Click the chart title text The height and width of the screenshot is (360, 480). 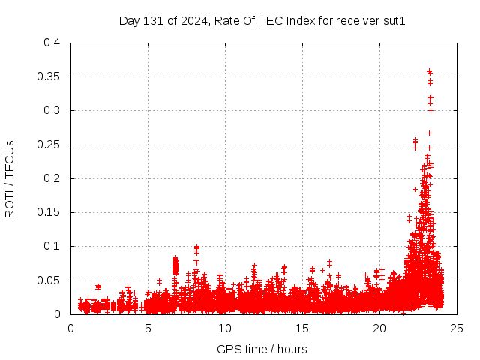262,21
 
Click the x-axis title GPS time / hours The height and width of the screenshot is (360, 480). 262,349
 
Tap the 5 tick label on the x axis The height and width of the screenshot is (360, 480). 148,328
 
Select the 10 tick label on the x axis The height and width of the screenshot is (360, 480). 225,328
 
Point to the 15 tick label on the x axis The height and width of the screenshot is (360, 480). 302,328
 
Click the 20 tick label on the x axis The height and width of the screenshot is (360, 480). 379,328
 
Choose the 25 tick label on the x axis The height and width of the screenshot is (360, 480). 457,328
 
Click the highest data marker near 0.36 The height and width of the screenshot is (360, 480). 429,72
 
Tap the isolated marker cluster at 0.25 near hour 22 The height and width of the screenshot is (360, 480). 415,141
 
